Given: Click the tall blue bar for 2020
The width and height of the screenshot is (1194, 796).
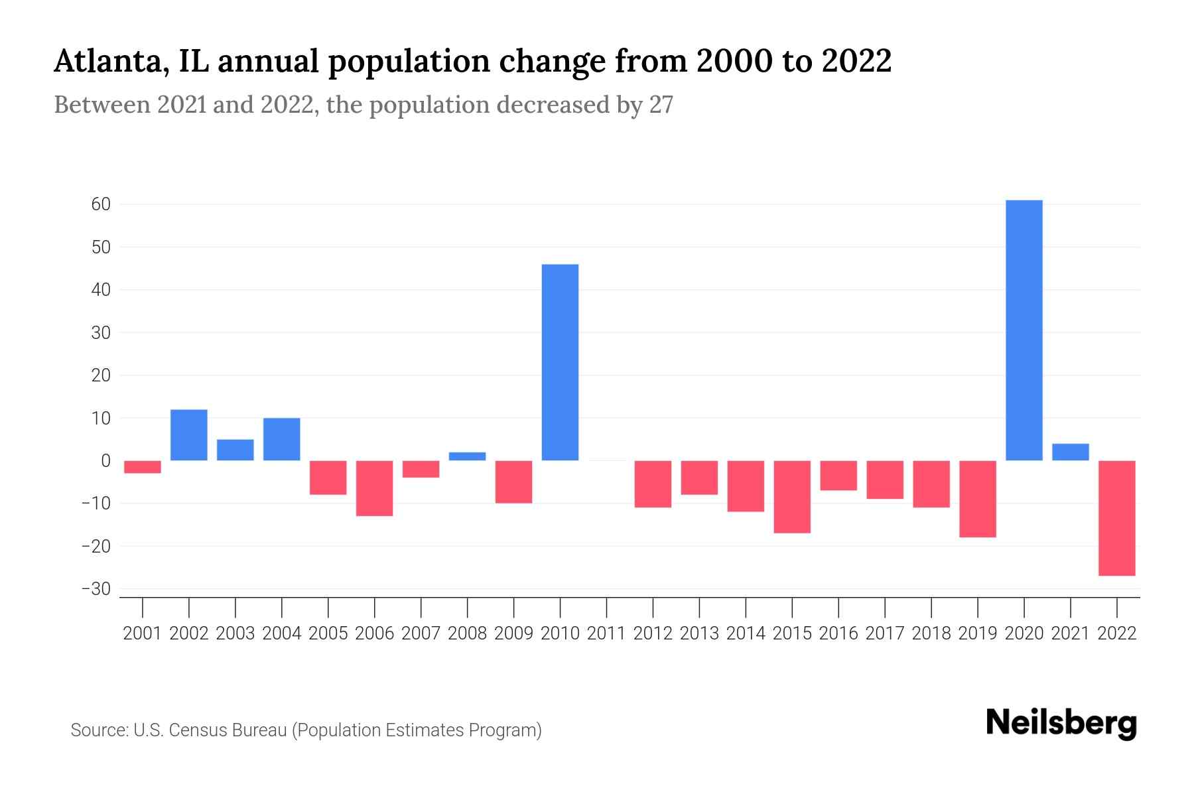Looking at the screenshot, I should (x=1024, y=330).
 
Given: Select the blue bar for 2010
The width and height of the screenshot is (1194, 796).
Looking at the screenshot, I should (x=560, y=362).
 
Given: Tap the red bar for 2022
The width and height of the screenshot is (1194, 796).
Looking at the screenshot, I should (x=1116, y=518).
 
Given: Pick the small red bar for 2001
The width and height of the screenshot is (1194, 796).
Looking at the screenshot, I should (x=143, y=467).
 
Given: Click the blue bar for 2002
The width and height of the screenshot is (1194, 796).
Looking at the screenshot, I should (x=189, y=435).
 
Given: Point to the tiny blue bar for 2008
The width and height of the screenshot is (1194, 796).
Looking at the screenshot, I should (x=467, y=456).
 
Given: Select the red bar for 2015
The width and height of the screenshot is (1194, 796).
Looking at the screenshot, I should (x=792, y=497).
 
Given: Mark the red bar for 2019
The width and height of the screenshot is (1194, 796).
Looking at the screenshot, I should (x=977, y=499).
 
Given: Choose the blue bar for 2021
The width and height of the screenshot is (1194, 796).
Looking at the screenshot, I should (x=1070, y=452).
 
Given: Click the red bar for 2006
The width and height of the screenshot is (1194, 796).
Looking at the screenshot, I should (x=375, y=488).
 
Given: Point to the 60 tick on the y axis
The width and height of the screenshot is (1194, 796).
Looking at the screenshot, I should (x=101, y=204).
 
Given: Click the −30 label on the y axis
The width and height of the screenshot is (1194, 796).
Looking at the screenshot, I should (x=96, y=589).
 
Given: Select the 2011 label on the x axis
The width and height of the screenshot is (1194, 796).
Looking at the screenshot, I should (x=606, y=633).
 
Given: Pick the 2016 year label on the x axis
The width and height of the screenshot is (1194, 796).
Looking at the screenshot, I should (x=838, y=633).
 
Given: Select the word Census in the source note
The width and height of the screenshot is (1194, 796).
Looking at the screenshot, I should (x=197, y=730).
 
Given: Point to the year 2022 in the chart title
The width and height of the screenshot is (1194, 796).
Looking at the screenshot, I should (x=856, y=62).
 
